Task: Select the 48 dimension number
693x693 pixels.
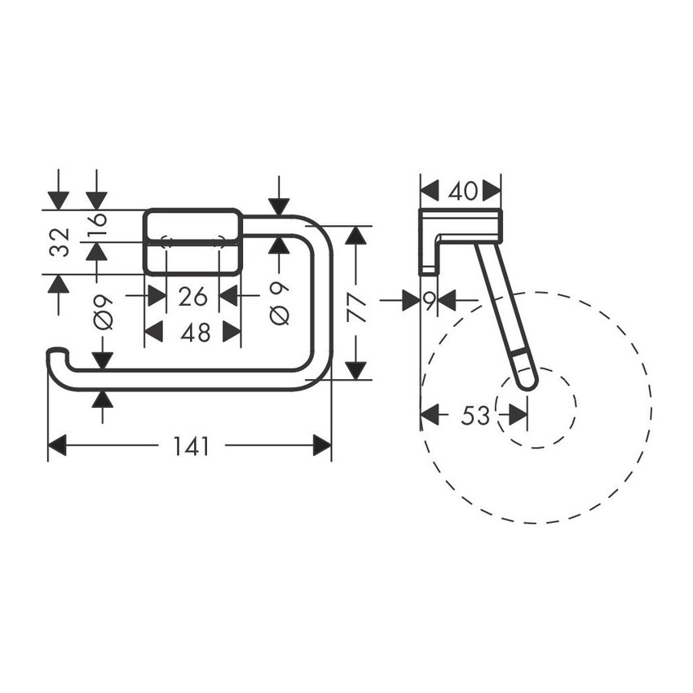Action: pos(192,332)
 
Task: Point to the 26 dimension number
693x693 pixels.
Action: pos(192,295)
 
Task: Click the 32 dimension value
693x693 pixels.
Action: pos(59,242)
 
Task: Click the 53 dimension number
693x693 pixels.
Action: pos(475,416)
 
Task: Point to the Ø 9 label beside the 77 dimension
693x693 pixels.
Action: pos(279,303)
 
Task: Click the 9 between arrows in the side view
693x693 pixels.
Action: pos(428,301)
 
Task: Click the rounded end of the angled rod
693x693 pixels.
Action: pos(527,380)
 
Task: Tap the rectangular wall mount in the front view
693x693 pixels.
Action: pos(192,242)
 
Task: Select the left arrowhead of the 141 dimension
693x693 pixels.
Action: pos(56,446)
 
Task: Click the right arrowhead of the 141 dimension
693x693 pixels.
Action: pos(323,446)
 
